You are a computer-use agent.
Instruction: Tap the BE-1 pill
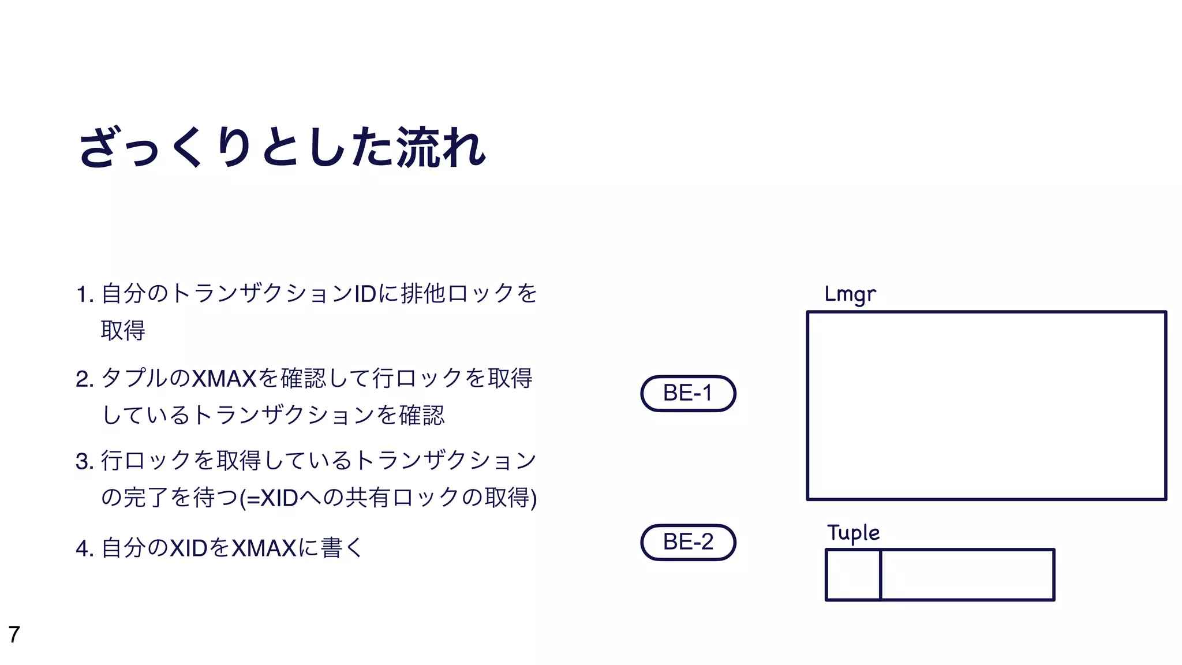click(688, 393)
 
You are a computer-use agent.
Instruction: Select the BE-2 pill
click(688, 542)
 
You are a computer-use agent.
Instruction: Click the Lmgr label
click(850, 294)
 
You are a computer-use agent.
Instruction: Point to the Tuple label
click(853, 533)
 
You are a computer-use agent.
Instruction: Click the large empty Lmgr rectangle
click(986, 405)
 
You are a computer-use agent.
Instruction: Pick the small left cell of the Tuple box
click(853, 575)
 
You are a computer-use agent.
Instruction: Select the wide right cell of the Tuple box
click(967, 575)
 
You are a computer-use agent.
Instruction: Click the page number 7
click(14, 634)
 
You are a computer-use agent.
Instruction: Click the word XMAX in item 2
click(223, 379)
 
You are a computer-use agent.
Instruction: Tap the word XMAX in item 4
click(264, 548)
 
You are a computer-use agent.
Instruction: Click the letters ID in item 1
click(365, 294)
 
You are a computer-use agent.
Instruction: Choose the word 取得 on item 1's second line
click(123, 331)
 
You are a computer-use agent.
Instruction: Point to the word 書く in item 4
click(342, 548)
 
